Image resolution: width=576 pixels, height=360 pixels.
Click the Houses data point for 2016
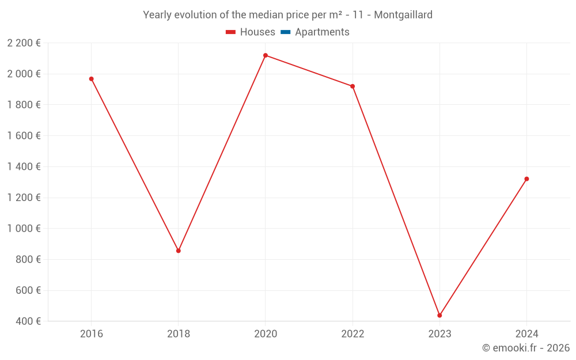point(91,79)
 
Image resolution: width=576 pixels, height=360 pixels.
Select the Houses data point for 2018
point(179,251)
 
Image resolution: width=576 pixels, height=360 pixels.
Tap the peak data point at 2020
point(266,55)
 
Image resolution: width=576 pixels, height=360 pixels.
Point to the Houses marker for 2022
point(353,86)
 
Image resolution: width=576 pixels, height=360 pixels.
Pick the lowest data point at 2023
point(439,315)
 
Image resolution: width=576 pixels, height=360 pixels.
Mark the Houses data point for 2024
point(526,179)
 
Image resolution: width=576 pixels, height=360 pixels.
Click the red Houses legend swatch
point(231,32)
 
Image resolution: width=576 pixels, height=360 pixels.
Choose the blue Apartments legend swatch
point(286,32)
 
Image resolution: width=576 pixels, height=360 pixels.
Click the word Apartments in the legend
point(322,32)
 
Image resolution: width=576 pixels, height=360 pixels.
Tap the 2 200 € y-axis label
point(24,43)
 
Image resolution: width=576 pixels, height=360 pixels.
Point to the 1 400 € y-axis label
point(24,166)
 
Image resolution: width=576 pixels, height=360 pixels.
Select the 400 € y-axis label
point(28,321)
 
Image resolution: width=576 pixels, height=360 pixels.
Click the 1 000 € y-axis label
point(24,228)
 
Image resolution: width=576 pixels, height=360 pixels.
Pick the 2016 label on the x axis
point(91,334)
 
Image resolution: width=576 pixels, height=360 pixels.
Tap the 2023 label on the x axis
point(439,334)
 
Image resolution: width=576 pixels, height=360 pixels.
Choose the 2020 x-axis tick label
point(266,334)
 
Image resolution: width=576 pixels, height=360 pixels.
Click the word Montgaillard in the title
point(403,15)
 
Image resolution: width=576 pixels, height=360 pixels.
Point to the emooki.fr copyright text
point(525,348)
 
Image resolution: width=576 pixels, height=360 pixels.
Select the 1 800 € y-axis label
point(24,105)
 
